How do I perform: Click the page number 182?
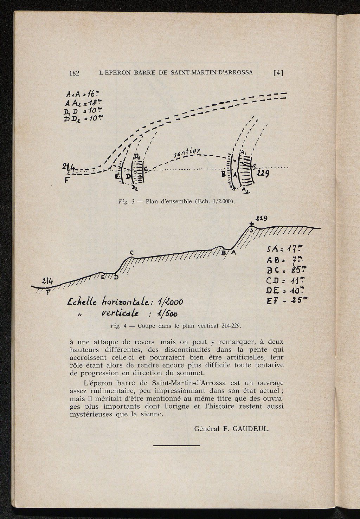pyautogui.click(x=75, y=73)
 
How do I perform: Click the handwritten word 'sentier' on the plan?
pyautogui.click(x=187, y=153)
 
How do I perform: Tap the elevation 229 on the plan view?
pyautogui.click(x=263, y=173)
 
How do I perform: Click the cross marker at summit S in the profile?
pyautogui.click(x=251, y=225)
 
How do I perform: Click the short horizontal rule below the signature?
pyautogui.click(x=176, y=446)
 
